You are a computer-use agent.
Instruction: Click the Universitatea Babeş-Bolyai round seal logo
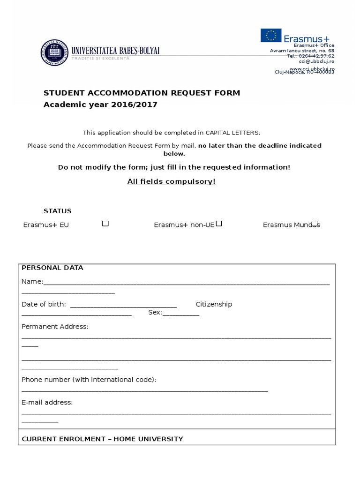coord(54,53)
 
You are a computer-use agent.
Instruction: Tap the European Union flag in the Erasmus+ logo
coord(271,35)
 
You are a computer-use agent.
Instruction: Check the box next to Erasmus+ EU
coord(105,224)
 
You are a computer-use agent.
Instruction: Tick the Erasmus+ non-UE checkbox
coord(219,224)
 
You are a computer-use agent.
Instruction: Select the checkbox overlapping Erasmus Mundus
coord(315,224)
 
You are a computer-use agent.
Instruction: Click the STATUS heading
coord(58,211)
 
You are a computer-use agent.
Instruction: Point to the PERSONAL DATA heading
coord(52,268)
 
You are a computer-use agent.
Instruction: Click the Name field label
coord(32,282)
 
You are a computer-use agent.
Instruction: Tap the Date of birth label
coord(44,304)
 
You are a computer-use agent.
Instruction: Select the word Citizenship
coord(214,304)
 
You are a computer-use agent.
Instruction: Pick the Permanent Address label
coord(55,326)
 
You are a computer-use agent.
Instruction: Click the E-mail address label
coord(47,402)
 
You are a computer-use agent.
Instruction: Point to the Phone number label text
coord(89,379)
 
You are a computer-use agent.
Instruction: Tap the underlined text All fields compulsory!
coord(172,181)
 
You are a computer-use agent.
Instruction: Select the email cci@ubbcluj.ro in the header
coord(316,61)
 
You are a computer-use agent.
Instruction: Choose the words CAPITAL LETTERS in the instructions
coord(232,133)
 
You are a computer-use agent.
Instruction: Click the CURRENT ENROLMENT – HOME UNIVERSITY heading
coord(103,439)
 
